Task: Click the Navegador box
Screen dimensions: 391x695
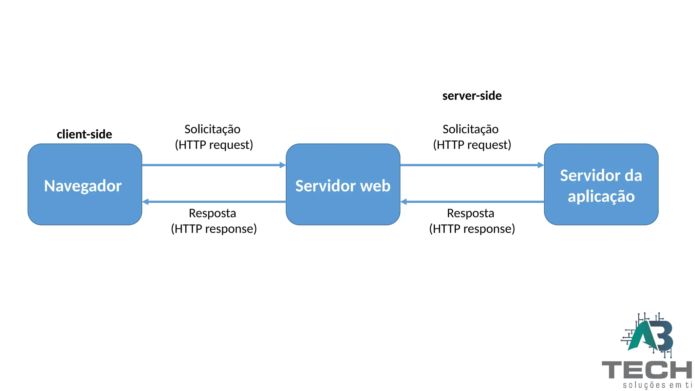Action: (x=85, y=184)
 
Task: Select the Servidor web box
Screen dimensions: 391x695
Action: (x=343, y=184)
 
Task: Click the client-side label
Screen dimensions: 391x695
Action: (x=84, y=134)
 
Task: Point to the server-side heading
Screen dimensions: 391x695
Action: (x=472, y=96)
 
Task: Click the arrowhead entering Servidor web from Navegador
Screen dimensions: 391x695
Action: (x=283, y=165)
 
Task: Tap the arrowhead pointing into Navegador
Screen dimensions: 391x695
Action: (x=146, y=202)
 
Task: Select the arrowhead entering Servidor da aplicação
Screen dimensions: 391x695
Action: (x=541, y=165)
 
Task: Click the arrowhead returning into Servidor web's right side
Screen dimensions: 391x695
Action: (x=404, y=202)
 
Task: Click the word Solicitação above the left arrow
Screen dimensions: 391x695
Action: (x=212, y=129)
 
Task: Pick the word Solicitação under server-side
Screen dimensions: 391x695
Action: (x=470, y=129)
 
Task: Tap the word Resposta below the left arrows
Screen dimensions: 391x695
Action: (x=212, y=213)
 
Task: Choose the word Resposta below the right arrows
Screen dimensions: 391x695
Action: (x=470, y=213)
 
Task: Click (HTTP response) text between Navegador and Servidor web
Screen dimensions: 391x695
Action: (x=214, y=229)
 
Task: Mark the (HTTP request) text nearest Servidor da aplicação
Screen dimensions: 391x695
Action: (x=472, y=145)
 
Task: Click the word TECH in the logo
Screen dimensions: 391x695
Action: (x=646, y=370)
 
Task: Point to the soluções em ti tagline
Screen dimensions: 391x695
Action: (x=657, y=385)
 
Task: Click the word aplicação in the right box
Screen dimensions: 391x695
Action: (x=601, y=197)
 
